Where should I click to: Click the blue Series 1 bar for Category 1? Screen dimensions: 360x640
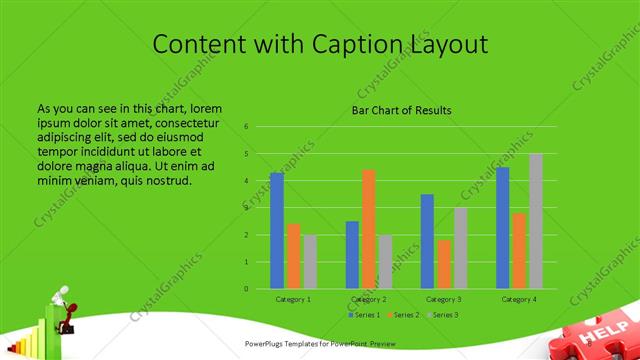click(277, 231)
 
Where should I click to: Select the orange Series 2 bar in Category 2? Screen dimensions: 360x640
click(369, 229)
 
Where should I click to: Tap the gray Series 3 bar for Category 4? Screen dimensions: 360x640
click(535, 221)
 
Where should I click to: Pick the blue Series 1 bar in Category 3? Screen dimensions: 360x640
click(427, 241)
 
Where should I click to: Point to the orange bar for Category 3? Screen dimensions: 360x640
click(443, 264)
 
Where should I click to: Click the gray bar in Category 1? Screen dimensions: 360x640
click(310, 262)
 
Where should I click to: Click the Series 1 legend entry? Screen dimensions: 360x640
click(364, 315)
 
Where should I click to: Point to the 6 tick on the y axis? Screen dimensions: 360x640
click(246, 127)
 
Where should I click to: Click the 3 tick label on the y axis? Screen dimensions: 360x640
click(246, 208)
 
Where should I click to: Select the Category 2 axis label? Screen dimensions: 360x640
click(369, 299)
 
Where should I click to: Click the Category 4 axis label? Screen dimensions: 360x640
click(519, 299)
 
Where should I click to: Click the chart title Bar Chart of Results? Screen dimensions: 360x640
click(402, 110)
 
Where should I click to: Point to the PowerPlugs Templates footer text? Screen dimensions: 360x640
click(320, 343)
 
